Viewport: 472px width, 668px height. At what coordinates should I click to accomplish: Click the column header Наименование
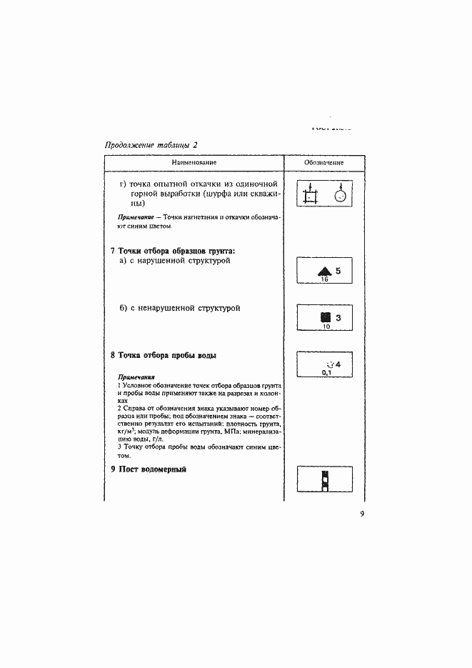(194, 163)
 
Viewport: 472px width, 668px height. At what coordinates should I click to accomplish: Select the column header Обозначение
(323, 163)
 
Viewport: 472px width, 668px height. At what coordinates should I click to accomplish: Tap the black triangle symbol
(324, 271)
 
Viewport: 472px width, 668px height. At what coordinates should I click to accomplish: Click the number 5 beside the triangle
(338, 271)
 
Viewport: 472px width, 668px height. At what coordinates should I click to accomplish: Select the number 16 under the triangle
(324, 281)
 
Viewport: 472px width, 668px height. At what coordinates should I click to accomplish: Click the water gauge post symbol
(324, 480)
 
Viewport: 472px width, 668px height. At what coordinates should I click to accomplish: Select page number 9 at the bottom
(362, 514)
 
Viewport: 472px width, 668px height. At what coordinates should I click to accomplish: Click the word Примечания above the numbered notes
(136, 377)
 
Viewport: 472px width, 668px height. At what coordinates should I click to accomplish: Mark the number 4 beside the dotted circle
(338, 364)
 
